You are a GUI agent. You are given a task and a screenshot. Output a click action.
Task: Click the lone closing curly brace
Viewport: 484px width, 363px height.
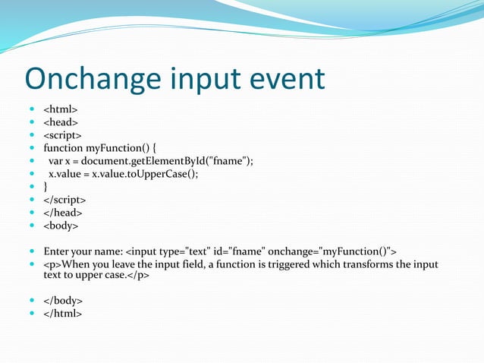[46, 186]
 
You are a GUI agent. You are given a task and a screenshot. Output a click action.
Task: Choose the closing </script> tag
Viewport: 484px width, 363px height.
[64, 200]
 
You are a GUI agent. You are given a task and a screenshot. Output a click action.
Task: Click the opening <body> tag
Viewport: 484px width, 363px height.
[61, 226]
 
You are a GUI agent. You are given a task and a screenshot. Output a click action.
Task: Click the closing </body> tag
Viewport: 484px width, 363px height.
[63, 301]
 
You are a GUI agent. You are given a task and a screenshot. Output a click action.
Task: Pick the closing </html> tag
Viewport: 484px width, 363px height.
[62, 313]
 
